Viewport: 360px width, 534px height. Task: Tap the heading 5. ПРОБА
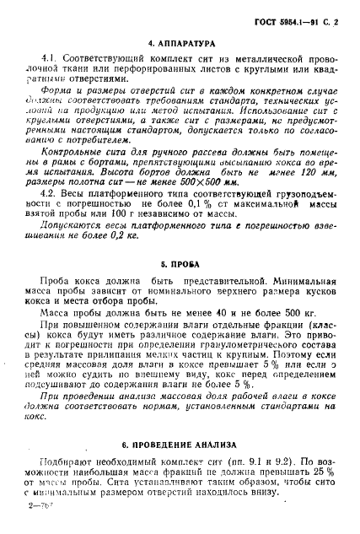tap(180, 286)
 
